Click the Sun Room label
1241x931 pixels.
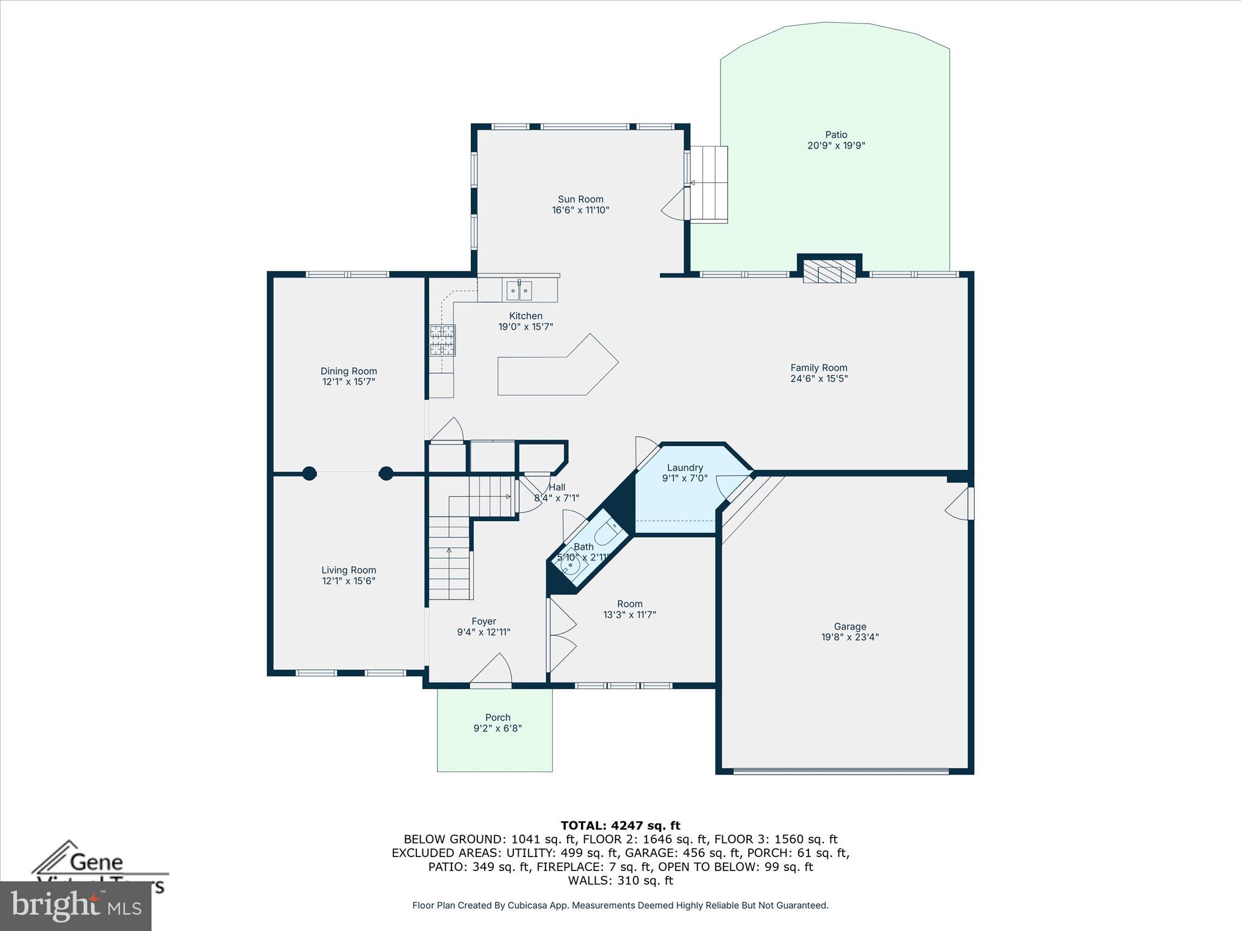pyautogui.click(x=581, y=199)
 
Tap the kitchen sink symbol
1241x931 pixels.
pyautogui.click(x=519, y=291)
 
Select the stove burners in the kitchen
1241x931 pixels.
pyautogui.click(x=442, y=340)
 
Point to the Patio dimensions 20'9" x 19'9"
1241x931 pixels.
pyautogui.click(x=836, y=145)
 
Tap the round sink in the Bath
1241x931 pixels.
pyautogui.click(x=571, y=565)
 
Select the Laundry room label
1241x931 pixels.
pyautogui.click(x=685, y=467)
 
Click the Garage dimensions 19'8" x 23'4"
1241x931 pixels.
pyautogui.click(x=850, y=637)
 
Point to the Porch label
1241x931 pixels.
pyautogui.click(x=497, y=717)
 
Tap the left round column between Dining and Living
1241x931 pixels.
pyautogui.click(x=309, y=473)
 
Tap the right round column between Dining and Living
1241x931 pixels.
pyautogui.click(x=386, y=473)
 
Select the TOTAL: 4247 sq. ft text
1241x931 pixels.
pyautogui.click(x=620, y=825)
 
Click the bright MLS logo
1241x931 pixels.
pyautogui.click(x=76, y=906)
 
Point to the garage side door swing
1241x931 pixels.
pyautogui.click(x=959, y=504)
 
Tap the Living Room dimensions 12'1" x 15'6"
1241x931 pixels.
pyautogui.click(x=348, y=581)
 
